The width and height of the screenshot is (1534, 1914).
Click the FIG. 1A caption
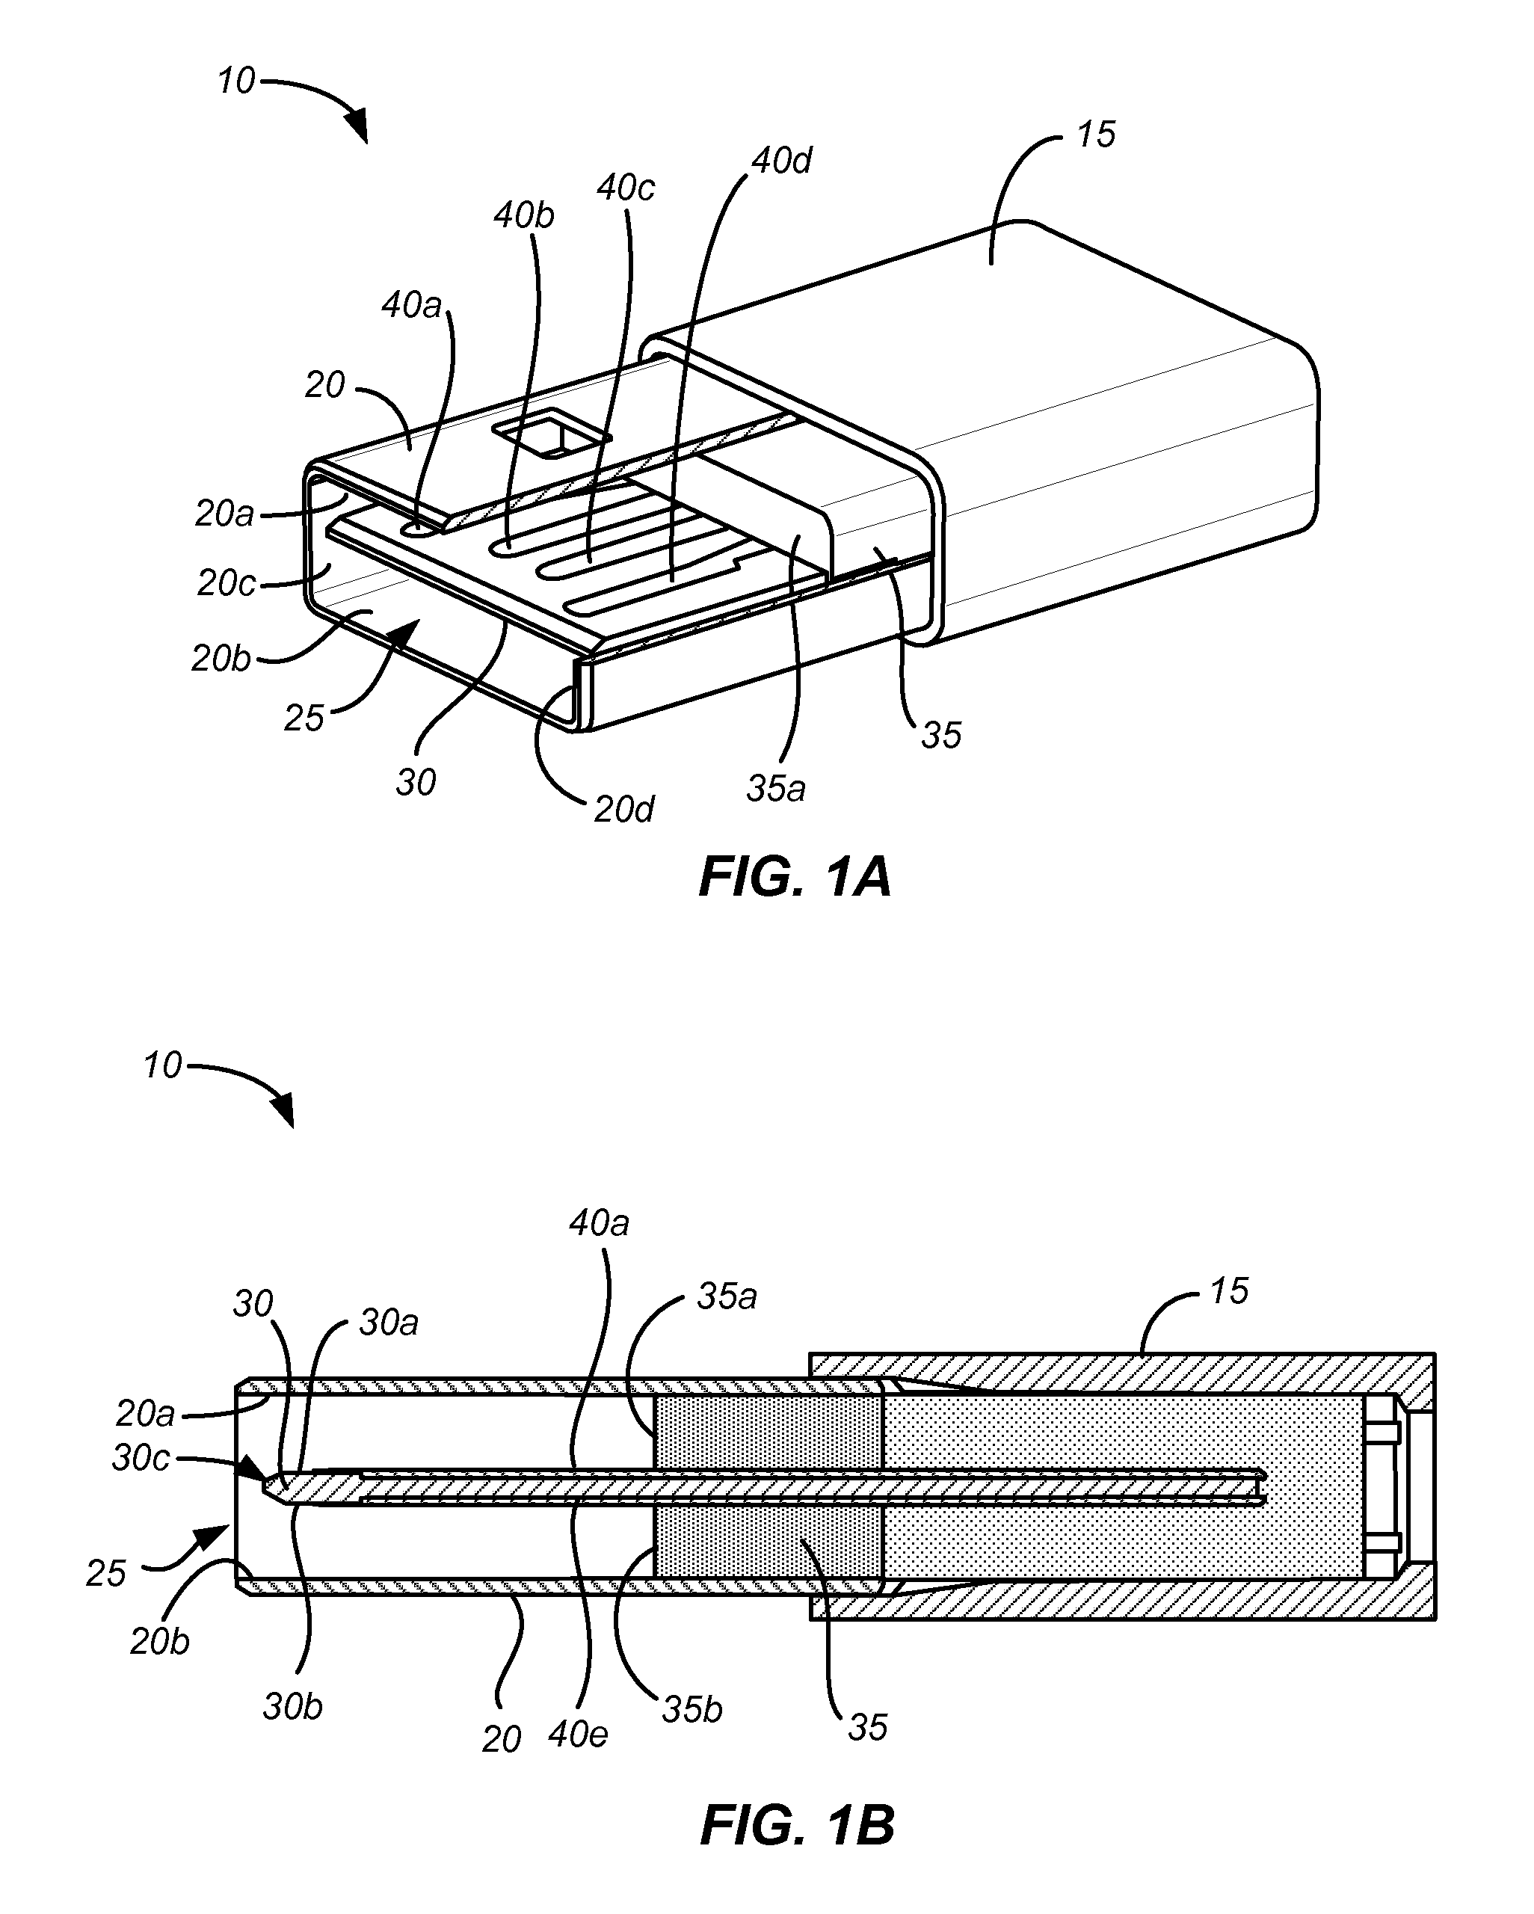[x=795, y=877]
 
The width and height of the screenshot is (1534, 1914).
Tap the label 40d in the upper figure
[x=781, y=161]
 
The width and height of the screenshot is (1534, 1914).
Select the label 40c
[x=626, y=188]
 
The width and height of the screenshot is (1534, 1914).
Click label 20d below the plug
[x=623, y=809]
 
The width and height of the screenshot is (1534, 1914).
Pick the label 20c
[x=227, y=582]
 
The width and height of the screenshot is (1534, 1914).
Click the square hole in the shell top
[x=551, y=433]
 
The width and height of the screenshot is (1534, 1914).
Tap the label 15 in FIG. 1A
[x=1095, y=134]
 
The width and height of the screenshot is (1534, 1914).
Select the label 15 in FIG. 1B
[x=1229, y=1290]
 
